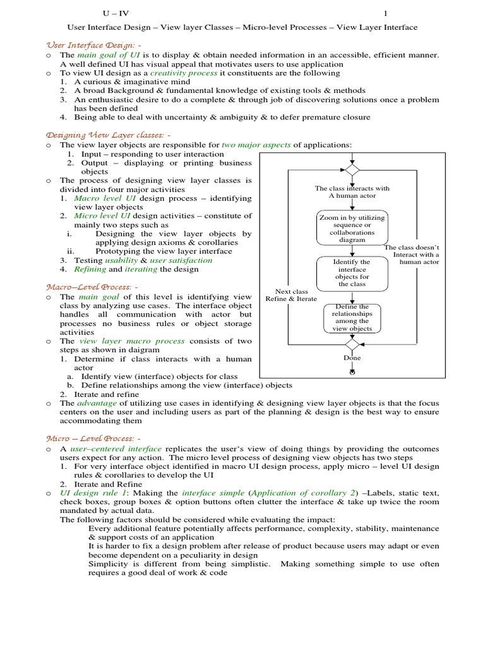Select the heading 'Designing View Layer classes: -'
109,135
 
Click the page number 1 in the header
386,13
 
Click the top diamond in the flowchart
352,169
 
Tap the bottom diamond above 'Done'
352,344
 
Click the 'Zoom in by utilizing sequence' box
352,228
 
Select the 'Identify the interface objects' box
352,273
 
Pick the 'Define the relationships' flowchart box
352,318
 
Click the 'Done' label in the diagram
352,358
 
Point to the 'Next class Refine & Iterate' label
291,295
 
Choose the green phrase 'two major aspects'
256,145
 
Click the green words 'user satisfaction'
181,260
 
